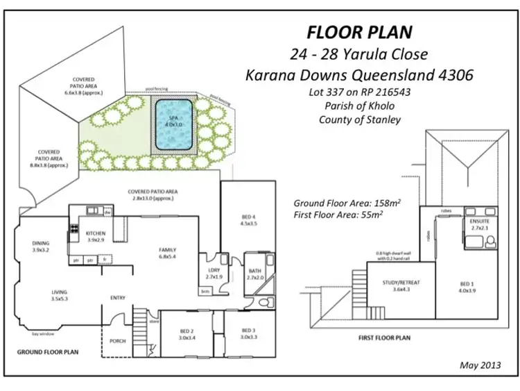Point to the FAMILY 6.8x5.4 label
pos(167,253)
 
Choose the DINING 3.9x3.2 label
pos(41,247)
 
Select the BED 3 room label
pos(250,333)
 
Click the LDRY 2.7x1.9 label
pos(213,274)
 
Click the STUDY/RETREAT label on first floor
pos(403,285)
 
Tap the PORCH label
pos(119,341)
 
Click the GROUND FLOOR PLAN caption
pos(47,352)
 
